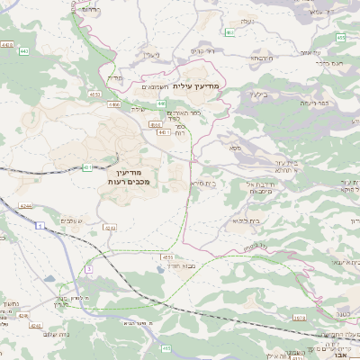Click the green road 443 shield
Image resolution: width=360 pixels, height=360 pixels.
(x=7, y=44)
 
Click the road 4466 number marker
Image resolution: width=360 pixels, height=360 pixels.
(x=114, y=104)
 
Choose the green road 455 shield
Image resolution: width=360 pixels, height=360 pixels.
(x=341, y=38)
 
